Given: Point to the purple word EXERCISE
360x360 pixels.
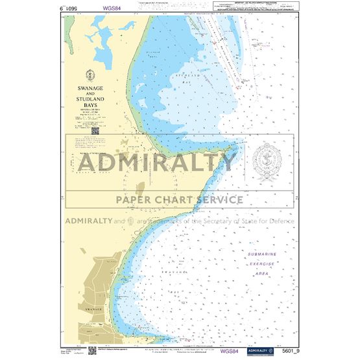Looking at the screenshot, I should (262, 264).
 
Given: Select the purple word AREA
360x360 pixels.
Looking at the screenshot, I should (262, 274).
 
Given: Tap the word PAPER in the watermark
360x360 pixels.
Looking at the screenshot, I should (138, 199).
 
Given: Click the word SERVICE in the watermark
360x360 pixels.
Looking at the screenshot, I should (217, 199).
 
